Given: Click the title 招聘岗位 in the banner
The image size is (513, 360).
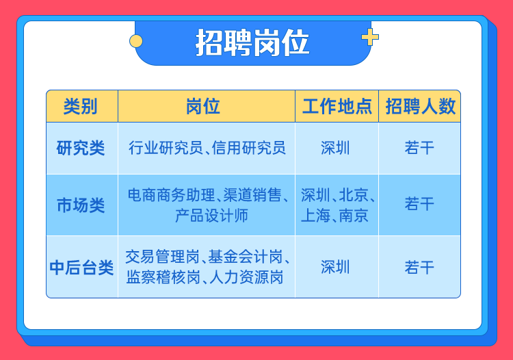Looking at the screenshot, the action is (x=252, y=42).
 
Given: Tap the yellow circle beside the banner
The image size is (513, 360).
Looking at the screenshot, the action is (x=136, y=41).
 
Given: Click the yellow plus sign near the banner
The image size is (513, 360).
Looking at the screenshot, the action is (x=370, y=37).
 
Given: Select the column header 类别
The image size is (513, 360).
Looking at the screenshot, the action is (x=81, y=106).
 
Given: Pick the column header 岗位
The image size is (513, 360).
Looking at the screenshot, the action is (x=203, y=106).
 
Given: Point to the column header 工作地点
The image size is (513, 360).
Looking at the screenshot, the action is (x=337, y=106).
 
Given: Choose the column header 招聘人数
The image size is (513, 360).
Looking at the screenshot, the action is (x=421, y=106).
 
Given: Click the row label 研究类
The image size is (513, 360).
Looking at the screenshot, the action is (x=81, y=148).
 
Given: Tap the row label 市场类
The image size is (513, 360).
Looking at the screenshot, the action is (x=81, y=205).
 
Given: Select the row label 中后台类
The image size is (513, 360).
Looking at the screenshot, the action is (x=81, y=268).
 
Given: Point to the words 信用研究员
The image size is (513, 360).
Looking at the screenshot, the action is (x=249, y=148).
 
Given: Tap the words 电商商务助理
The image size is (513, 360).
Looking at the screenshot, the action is (x=171, y=195).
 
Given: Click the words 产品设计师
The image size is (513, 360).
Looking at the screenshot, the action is (x=211, y=216).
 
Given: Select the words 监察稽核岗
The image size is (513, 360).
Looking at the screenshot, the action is (x=163, y=277).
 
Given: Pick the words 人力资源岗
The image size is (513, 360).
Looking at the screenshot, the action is (x=246, y=277).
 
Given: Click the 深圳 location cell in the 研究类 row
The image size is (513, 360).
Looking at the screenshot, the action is (x=335, y=148).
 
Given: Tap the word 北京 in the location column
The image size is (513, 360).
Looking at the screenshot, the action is (x=354, y=195).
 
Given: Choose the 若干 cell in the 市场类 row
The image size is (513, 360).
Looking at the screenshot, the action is (x=419, y=204).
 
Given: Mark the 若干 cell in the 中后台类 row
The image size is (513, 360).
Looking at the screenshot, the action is (x=419, y=267).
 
